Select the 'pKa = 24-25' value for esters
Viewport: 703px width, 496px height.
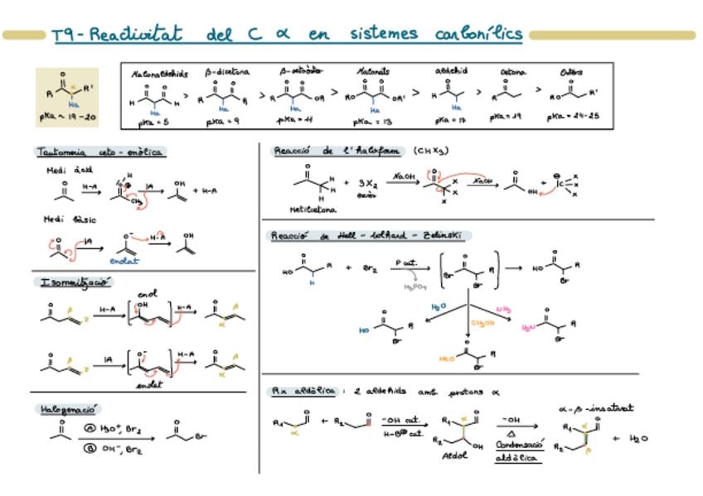pyautogui.click(x=571, y=118)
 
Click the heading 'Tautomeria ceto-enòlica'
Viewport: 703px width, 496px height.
pyautogui.click(x=100, y=152)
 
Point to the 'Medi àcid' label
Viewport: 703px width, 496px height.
pyautogui.click(x=69, y=170)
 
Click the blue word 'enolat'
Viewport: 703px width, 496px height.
pyautogui.click(x=125, y=261)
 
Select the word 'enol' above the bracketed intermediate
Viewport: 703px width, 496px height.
pyautogui.click(x=148, y=294)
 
